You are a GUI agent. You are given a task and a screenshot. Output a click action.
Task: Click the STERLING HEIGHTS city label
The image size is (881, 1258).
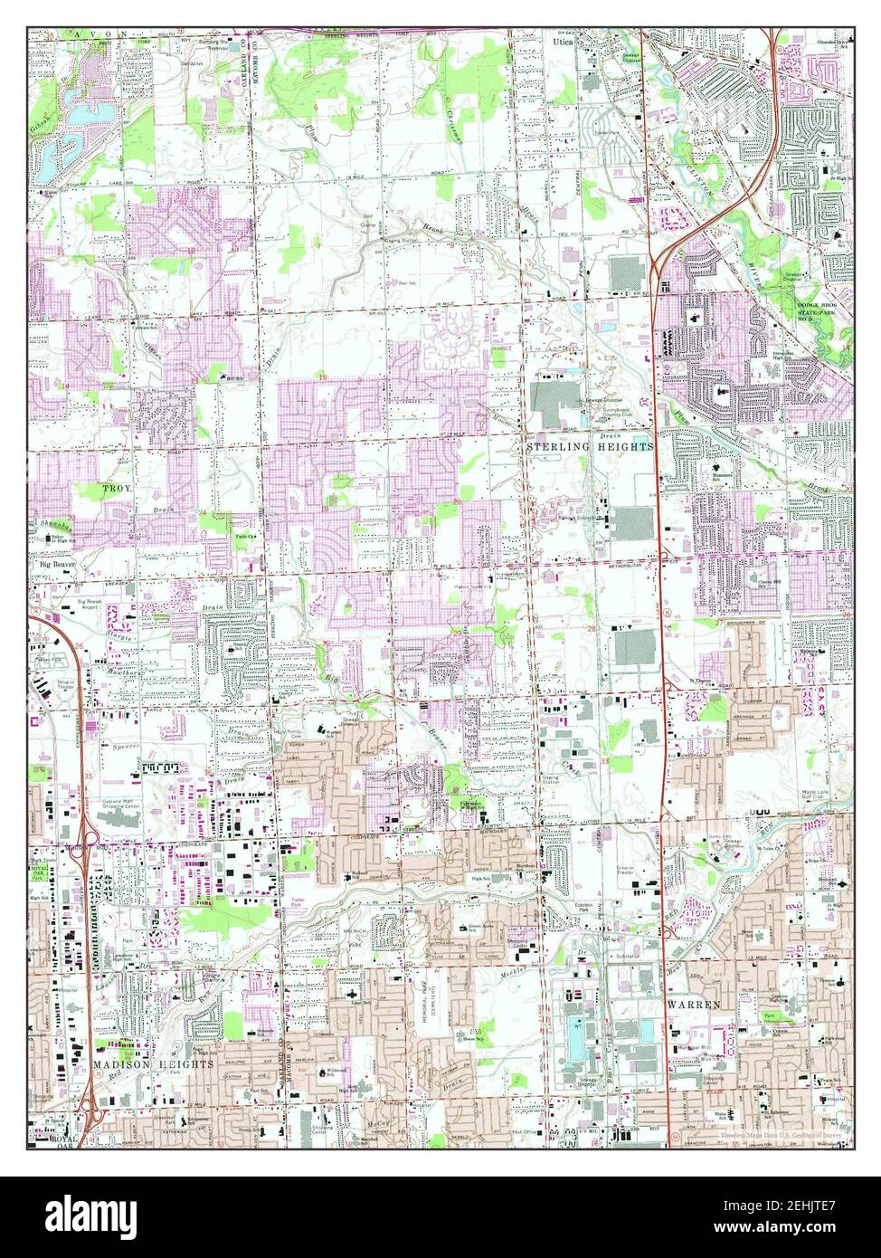(x=591, y=447)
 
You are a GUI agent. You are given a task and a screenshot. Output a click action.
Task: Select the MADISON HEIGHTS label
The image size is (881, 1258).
(x=153, y=1065)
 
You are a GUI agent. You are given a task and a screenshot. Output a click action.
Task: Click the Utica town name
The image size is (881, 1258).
(x=563, y=41)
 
